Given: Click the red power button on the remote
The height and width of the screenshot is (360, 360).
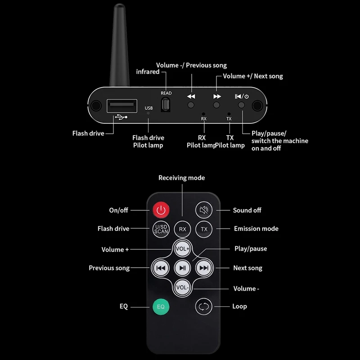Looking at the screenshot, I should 161,210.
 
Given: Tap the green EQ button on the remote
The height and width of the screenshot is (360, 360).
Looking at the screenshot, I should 161,307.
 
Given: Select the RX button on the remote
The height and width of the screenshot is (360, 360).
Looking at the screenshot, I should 183,229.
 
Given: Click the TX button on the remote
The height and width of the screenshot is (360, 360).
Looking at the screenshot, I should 204,229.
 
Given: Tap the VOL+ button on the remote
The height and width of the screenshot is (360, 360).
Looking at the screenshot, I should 182,248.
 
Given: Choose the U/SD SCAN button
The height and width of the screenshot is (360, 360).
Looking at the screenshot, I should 161,229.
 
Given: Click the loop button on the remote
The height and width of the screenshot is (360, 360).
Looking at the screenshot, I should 204,307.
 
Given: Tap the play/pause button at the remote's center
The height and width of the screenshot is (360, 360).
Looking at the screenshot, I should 182,268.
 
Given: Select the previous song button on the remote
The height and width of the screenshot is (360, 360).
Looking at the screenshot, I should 160,268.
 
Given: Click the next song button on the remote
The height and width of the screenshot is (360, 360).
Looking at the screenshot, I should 204,268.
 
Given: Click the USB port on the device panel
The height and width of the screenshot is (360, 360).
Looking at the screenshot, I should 121,106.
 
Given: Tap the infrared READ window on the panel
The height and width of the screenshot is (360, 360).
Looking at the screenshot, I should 166,104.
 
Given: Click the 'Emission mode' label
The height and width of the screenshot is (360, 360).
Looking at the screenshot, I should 256,229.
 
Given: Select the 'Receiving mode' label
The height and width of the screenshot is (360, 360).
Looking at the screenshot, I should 181,178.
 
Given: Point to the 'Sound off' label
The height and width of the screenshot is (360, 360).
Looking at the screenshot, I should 247,210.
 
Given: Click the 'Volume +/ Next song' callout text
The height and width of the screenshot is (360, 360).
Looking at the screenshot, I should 253,76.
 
